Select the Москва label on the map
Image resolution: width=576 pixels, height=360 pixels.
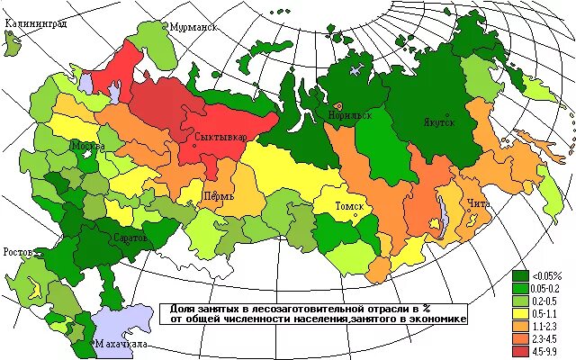[x=88, y=145]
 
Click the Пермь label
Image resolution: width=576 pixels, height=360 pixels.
[x=219, y=195]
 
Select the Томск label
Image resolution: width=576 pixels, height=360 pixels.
[x=349, y=206]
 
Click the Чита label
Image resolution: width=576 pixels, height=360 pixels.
[x=479, y=203]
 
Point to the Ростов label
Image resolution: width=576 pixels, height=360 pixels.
[x=20, y=251]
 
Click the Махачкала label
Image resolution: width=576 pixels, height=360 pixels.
[x=122, y=345]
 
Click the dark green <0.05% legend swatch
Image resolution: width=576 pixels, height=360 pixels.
[x=520, y=275]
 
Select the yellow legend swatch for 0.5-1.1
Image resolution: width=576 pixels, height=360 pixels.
[x=520, y=311]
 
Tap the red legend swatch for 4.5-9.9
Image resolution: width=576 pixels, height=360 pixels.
[x=520, y=348]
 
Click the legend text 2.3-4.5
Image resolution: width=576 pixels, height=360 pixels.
[x=546, y=337]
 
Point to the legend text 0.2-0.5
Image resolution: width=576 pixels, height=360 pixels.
[x=546, y=300]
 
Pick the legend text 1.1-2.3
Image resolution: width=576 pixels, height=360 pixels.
[x=546, y=324]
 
